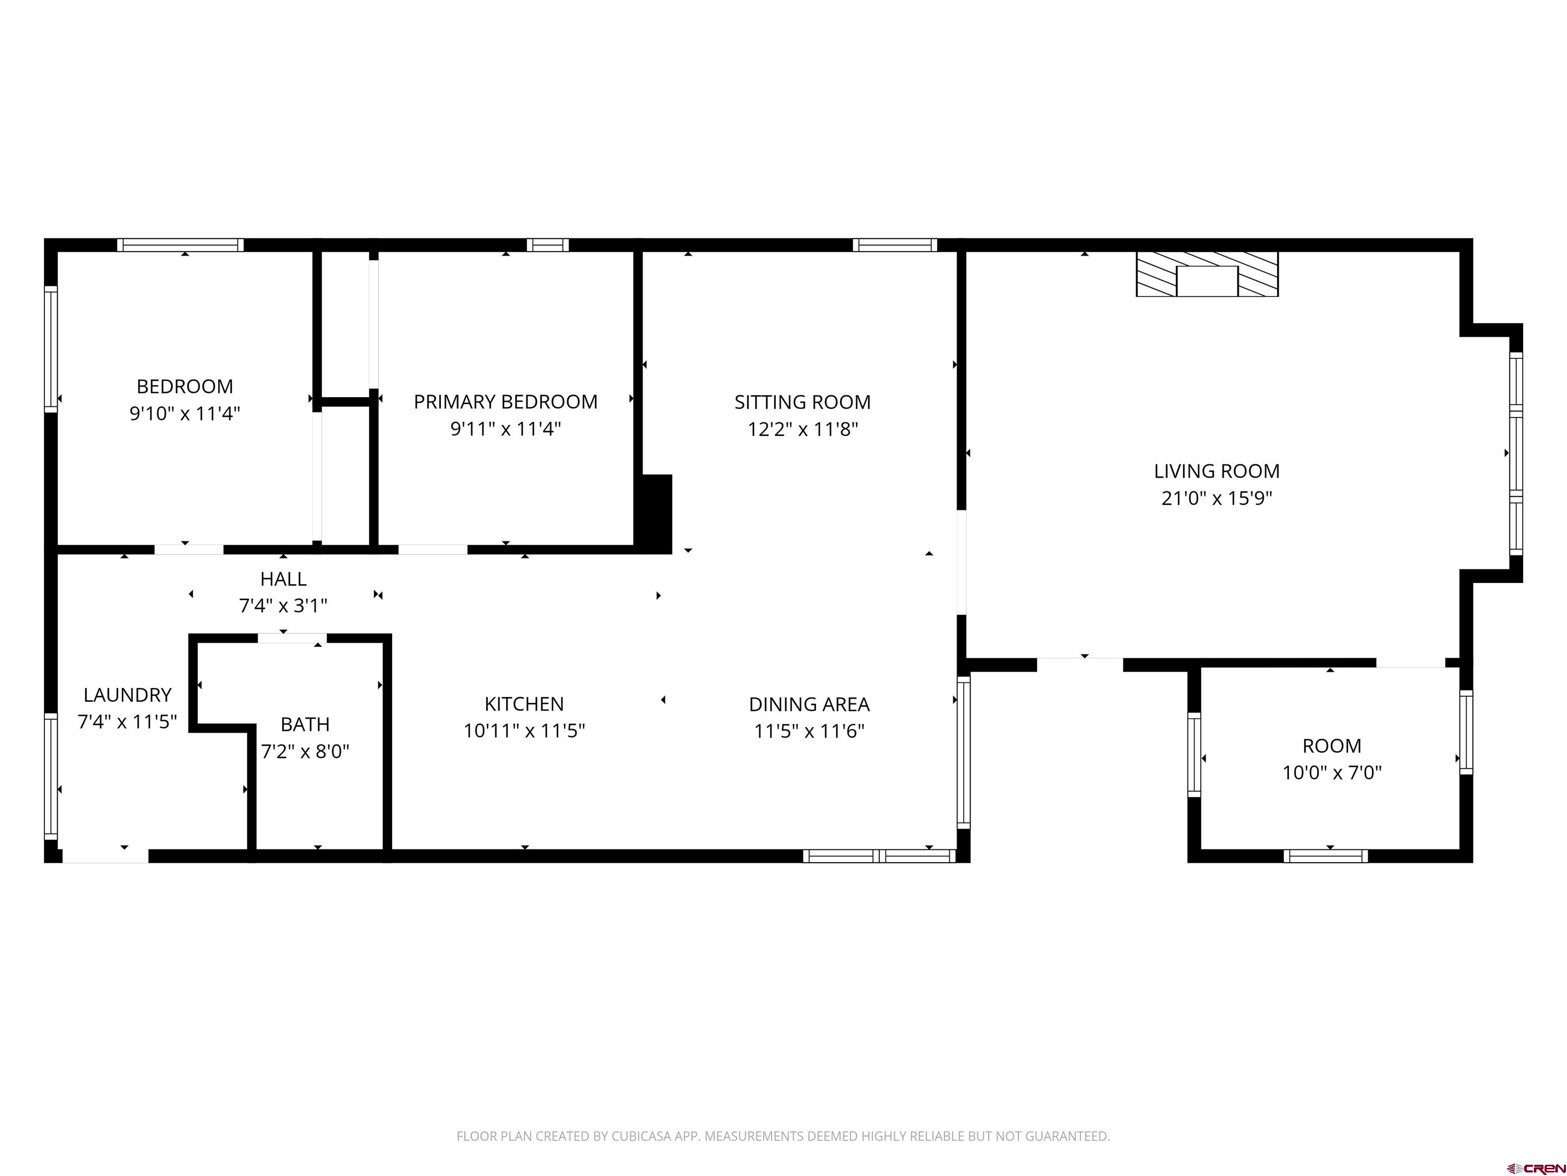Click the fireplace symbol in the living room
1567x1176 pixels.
[1207, 274]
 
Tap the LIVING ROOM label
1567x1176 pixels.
[1217, 472]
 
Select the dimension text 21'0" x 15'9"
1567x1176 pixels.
[1217, 498]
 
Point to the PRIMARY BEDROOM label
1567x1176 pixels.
[505, 402]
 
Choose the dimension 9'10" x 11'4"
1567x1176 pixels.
[184, 414]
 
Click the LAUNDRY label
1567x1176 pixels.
[128, 695]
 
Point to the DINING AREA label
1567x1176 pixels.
[809, 704]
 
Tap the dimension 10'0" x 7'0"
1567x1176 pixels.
[1331, 773]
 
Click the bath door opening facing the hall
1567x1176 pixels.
[291, 639]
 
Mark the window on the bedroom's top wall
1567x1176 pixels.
[181, 246]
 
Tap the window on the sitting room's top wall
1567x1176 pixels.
[895, 246]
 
